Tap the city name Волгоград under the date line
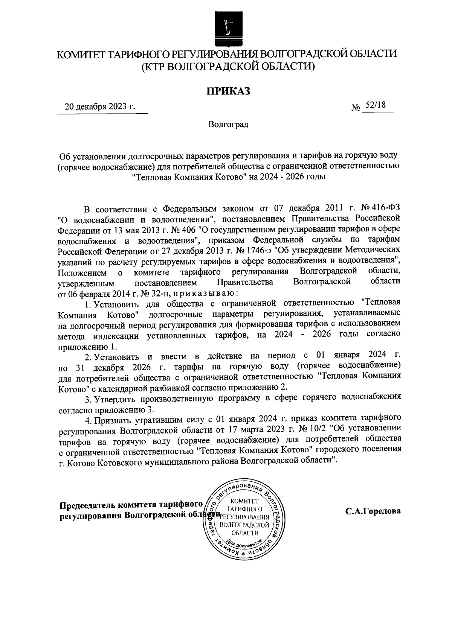pos(228,124)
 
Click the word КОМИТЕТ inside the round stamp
pos(244,501)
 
